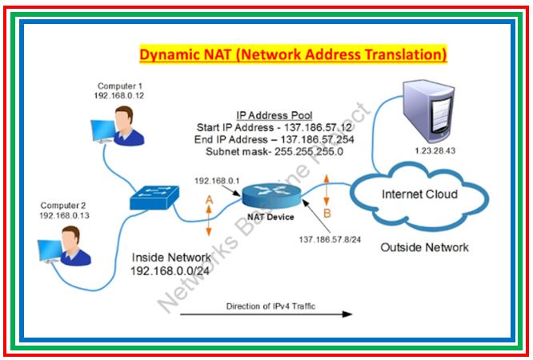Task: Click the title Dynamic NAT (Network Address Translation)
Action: tap(293, 55)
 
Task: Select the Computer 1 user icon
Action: tap(121, 128)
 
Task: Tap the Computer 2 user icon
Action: tap(66, 246)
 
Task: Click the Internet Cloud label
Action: tap(419, 194)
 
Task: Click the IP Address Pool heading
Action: tap(274, 115)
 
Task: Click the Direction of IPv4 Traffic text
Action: tap(265, 306)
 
